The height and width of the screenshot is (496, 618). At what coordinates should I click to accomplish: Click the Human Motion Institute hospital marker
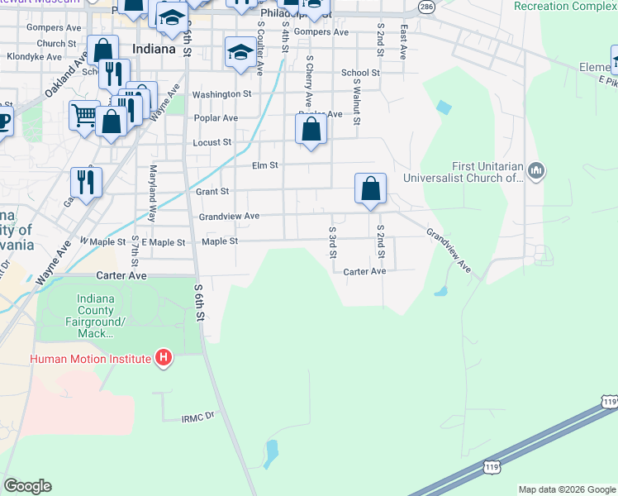coord(164,359)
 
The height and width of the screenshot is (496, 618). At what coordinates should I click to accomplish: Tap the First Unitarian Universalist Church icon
coord(537,170)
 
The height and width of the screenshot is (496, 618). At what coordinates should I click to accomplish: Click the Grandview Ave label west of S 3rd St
coord(230,217)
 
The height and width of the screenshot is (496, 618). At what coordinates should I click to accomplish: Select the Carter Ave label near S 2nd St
coord(364,271)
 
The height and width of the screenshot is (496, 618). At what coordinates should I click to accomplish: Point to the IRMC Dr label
coord(197,419)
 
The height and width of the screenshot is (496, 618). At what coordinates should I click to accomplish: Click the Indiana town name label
coord(153,49)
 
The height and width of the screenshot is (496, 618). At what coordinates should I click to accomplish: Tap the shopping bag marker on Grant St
coord(371,188)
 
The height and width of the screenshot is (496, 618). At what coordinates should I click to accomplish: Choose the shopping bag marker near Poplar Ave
coord(311,130)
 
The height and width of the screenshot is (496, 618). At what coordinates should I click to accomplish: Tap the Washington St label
coord(221,94)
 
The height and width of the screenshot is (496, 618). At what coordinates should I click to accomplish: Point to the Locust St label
coord(212,142)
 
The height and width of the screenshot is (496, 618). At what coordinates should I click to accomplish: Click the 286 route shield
coord(425,7)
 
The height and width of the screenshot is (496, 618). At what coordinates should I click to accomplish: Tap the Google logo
coord(27,486)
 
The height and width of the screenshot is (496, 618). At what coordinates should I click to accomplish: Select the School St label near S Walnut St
coord(360,73)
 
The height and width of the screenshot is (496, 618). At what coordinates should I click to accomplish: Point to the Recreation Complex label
coord(565,6)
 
